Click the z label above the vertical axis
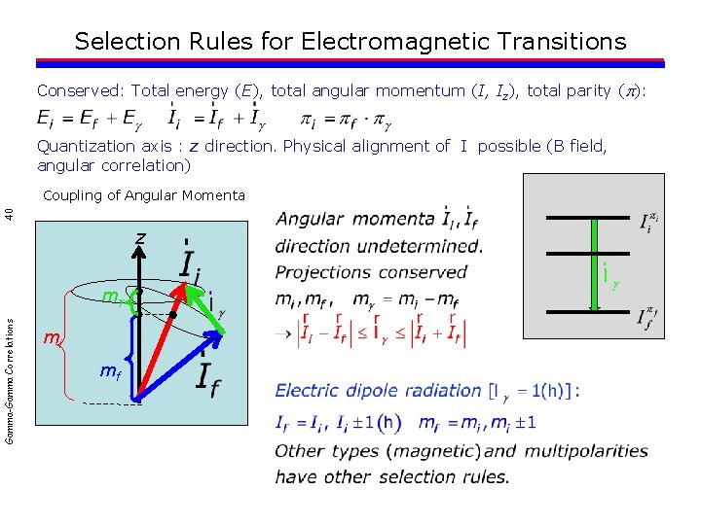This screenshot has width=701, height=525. (x=140, y=238)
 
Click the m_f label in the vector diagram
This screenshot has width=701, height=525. (x=110, y=371)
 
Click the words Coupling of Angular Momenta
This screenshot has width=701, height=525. (x=143, y=195)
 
